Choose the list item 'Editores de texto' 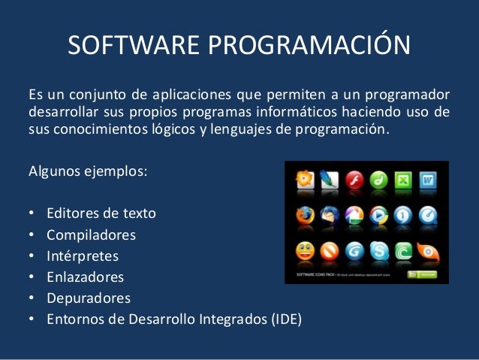[x=101, y=213]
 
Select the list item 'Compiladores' [x=91, y=235]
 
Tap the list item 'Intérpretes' [x=85, y=256]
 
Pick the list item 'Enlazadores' [x=86, y=277]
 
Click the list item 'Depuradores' [x=88, y=298]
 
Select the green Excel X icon [x=402, y=180]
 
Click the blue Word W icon [x=427, y=180]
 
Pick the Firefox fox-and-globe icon [x=304, y=216]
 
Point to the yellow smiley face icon [x=304, y=250]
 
